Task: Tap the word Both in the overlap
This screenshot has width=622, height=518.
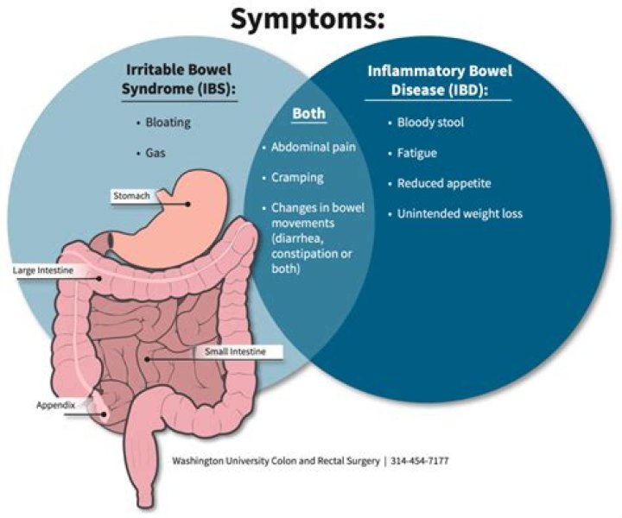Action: click(x=308, y=113)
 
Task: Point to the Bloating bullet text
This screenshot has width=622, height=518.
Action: click(x=168, y=123)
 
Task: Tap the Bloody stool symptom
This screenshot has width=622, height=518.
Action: click(x=430, y=123)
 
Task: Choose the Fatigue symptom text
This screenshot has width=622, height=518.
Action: click(x=416, y=153)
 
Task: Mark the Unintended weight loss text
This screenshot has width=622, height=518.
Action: click(x=460, y=213)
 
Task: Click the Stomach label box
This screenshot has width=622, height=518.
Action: click(x=131, y=196)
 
